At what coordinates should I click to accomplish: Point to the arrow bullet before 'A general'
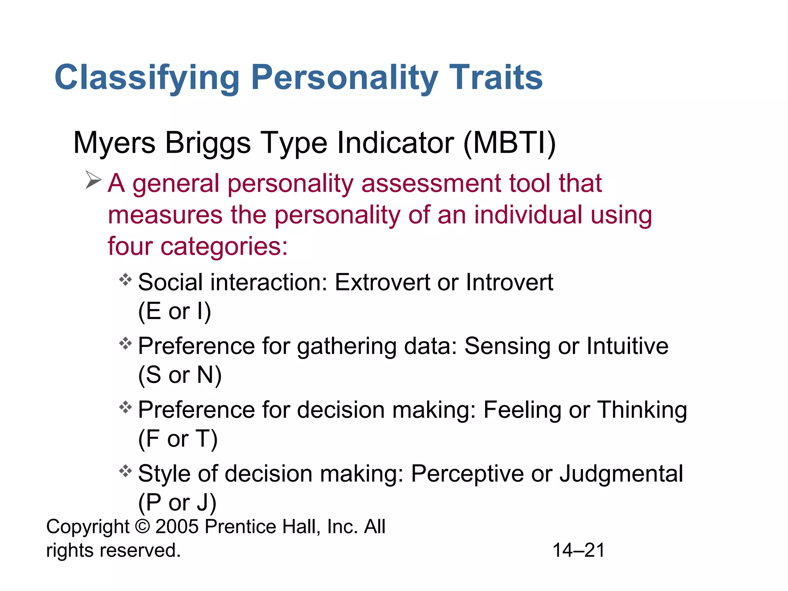tap(93, 180)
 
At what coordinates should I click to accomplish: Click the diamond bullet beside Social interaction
tap(125, 279)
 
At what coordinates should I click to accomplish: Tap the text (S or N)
tap(180, 375)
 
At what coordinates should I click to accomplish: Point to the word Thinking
tap(642, 410)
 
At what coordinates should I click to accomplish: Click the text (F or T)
tap(178, 439)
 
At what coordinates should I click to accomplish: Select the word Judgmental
tap(621, 474)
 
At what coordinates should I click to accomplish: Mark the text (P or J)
tap(177, 503)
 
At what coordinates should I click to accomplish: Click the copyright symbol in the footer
tap(142, 526)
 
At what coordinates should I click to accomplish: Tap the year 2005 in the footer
tap(177, 526)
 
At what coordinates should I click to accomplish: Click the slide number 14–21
tap(578, 550)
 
